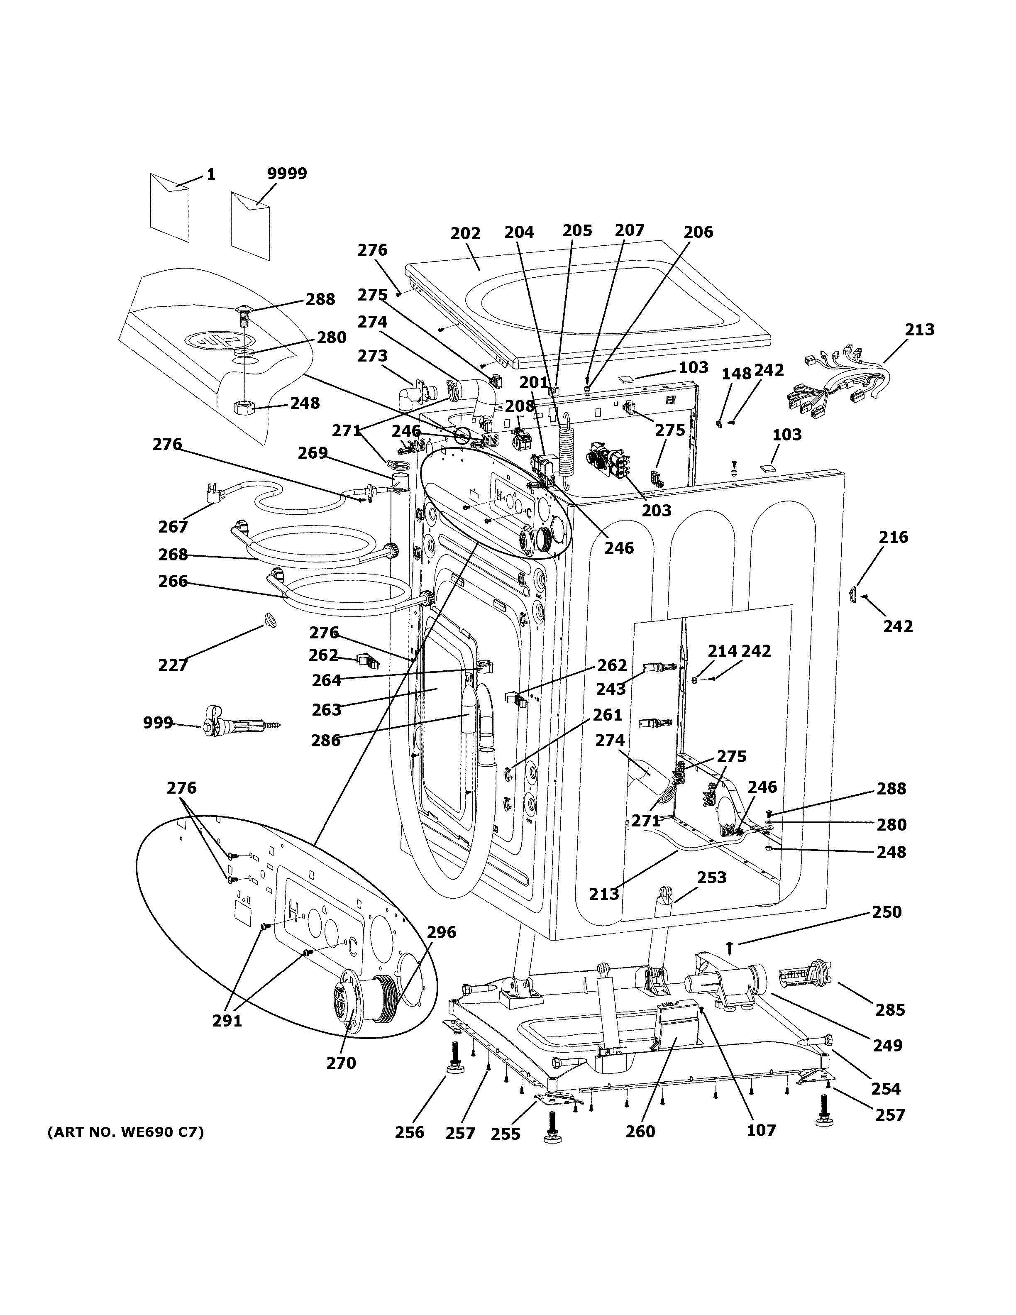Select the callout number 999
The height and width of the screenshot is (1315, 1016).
pos(158,723)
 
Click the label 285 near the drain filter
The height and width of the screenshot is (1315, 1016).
pos(889,1010)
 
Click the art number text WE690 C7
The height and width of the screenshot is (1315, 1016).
pos(125,1132)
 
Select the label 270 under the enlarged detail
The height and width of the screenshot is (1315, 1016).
pos(341,1063)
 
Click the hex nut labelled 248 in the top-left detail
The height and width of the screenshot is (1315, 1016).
pos(242,408)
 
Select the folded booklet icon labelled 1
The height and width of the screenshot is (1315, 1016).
pos(170,208)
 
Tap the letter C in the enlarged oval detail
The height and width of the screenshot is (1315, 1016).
pos(353,948)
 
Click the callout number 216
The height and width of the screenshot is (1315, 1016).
pos(893,537)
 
